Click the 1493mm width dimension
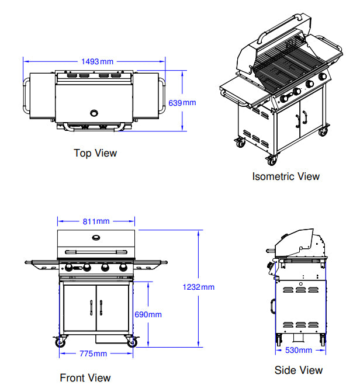coord(98,61)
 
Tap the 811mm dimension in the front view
coord(96,221)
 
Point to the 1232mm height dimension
coord(199,287)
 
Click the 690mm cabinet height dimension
coord(148,314)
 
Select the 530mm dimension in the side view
coord(298,350)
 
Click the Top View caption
coord(95,153)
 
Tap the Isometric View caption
coord(286,176)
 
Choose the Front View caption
coord(85,378)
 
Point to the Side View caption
coord(298,370)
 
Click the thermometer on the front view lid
coord(96,237)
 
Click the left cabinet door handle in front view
coord(92,307)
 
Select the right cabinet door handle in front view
coord(101,307)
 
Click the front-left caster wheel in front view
coord(60,342)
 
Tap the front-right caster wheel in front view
coord(132,342)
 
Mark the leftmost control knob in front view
coord(69,268)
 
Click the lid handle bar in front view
coord(96,251)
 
